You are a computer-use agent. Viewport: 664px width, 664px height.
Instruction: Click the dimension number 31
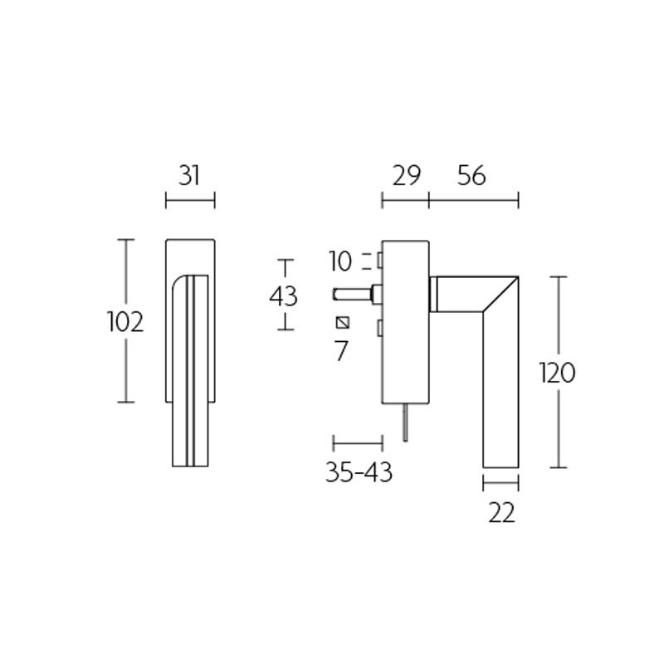point(190,175)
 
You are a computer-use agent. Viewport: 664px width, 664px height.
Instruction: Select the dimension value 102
point(125,321)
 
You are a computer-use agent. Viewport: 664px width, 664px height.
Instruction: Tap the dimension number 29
point(405,175)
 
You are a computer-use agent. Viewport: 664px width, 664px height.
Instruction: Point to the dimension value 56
point(471,175)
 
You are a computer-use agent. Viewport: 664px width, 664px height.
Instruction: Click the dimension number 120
point(556,373)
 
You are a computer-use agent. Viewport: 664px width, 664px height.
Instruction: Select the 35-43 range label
point(358,472)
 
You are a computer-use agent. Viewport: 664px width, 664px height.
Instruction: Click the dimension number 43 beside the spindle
point(284,295)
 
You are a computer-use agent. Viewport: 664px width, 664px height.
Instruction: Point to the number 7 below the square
point(340,351)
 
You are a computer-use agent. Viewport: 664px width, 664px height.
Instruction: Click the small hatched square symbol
point(342,322)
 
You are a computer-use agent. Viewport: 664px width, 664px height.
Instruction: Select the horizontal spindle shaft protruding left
point(353,293)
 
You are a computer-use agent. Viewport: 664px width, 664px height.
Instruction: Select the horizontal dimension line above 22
point(500,481)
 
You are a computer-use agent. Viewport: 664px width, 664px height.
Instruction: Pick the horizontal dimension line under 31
point(190,199)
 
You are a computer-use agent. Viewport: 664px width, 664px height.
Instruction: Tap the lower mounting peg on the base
point(378,330)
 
